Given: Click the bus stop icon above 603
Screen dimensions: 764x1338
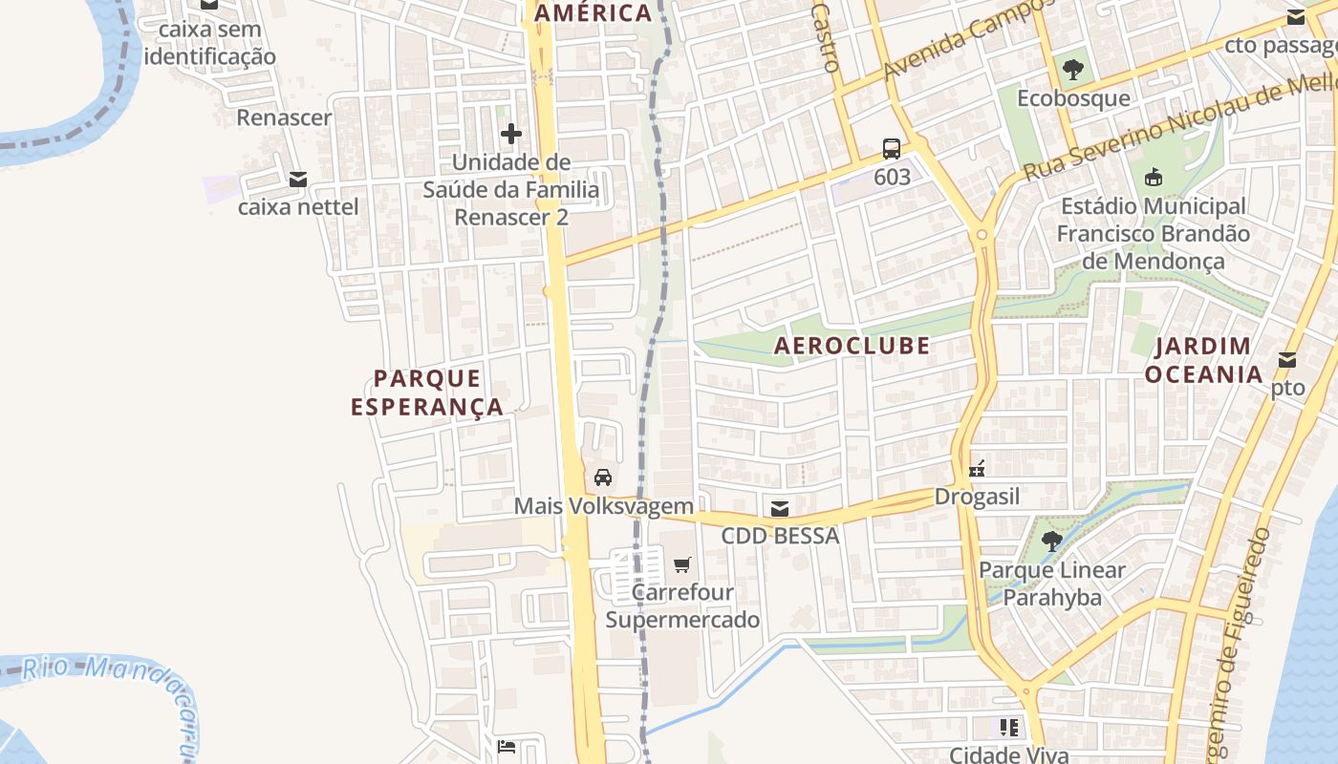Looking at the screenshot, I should pos(891,148).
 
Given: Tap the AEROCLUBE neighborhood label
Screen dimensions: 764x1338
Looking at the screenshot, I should pos(852,346).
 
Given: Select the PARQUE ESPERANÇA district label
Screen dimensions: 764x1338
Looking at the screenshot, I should pos(427,393).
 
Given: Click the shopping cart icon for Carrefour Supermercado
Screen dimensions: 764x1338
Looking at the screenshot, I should pos(681,565).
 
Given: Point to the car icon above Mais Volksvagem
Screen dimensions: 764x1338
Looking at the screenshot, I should pos(603,477).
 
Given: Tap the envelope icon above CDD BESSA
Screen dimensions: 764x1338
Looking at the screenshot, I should pos(780,508).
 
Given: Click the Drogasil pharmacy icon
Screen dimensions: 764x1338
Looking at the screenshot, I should pos(976,469).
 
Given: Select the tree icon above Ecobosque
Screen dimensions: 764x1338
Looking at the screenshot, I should pos(1073,70).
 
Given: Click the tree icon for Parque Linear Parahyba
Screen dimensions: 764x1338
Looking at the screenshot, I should pos(1052,541).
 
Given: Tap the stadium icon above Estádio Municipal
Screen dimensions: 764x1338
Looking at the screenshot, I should pos(1154,178).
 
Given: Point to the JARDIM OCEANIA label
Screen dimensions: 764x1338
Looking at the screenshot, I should pos(1204,360).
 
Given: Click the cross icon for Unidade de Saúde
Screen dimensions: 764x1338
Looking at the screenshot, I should pos(511,134).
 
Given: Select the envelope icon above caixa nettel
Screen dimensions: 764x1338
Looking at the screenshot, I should pos(298,179).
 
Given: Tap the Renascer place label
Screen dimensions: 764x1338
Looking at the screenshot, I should pos(284,117).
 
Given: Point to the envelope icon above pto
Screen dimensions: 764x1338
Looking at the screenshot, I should pos(1287,360).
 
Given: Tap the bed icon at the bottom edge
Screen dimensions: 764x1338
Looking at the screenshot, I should pos(507,746).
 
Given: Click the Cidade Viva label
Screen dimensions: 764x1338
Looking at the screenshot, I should pos(1008,754).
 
